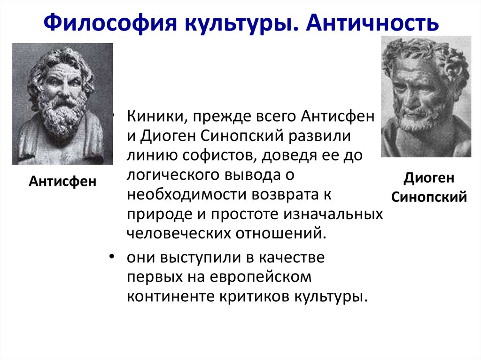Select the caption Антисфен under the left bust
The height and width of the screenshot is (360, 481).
[62, 181]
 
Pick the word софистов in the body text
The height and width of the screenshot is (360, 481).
[215, 155]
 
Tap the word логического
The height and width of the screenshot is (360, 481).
[175, 175]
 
